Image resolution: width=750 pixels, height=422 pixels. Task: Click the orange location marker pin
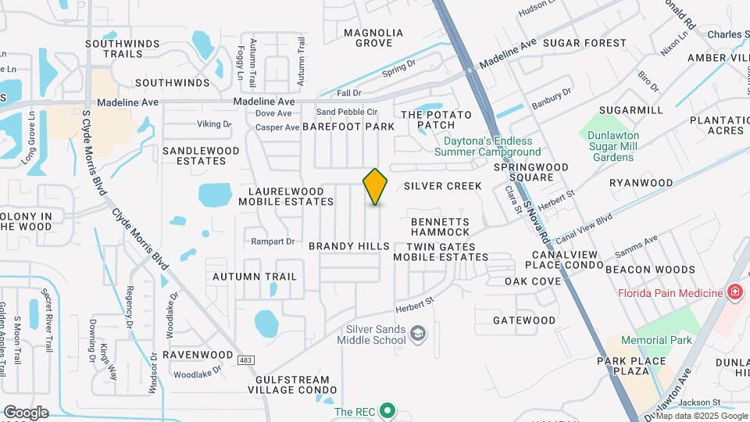(x=376, y=186)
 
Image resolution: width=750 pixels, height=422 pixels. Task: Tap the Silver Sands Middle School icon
(x=418, y=334)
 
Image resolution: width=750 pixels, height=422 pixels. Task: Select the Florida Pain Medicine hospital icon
(x=734, y=293)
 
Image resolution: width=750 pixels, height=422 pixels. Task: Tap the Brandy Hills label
(x=348, y=246)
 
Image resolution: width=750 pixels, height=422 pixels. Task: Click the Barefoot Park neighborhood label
(x=348, y=127)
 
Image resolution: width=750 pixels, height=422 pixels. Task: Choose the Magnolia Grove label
(x=374, y=38)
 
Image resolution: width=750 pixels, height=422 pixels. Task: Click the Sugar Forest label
(x=584, y=43)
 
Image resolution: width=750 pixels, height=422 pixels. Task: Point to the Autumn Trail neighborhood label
(x=255, y=277)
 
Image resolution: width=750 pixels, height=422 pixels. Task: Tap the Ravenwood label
(x=198, y=355)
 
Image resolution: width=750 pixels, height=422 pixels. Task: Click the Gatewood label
(x=524, y=320)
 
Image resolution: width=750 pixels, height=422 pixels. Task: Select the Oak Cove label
(x=533, y=281)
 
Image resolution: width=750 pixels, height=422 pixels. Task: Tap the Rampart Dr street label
(x=272, y=241)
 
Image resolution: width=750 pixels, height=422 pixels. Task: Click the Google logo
(x=26, y=413)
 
